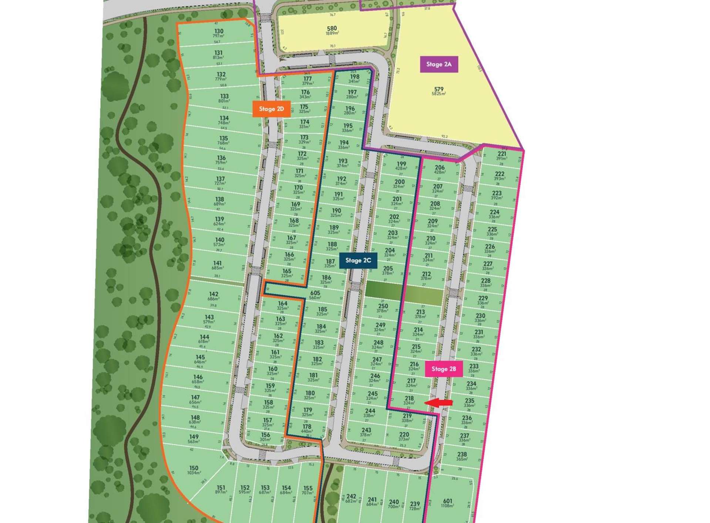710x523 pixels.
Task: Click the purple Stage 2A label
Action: (439, 64)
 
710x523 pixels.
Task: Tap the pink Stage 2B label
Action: (444, 369)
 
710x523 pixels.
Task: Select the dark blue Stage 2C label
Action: (358, 260)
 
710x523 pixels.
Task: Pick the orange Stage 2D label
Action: (271, 109)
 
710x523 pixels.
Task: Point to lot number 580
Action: (332, 28)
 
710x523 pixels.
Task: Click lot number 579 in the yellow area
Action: (439, 89)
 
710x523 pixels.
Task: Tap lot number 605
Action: (315, 293)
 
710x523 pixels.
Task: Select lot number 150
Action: (194, 468)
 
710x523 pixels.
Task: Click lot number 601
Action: (447, 501)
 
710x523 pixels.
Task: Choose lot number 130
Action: (219, 31)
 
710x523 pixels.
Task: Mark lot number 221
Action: (502, 154)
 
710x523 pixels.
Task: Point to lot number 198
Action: (354, 77)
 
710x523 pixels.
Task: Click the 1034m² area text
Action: (194, 473)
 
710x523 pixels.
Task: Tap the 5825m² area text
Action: (439, 94)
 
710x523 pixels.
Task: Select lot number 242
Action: (351, 496)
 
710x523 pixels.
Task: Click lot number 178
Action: (307, 426)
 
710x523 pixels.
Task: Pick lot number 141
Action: (218, 263)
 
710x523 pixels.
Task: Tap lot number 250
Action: (383, 306)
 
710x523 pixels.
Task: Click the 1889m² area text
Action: (332, 33)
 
